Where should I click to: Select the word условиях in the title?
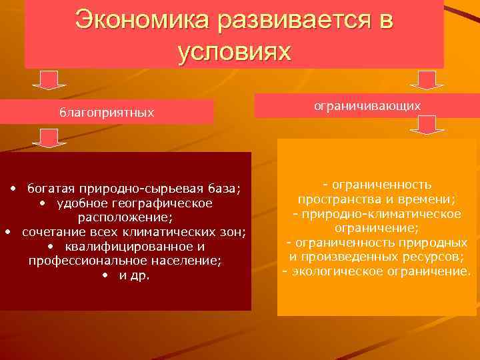(x=235, y=51)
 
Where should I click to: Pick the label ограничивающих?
(x=367, y=105)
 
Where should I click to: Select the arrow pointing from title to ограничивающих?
(x=422, y=80)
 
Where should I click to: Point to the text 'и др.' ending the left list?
(x=134, y=275)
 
